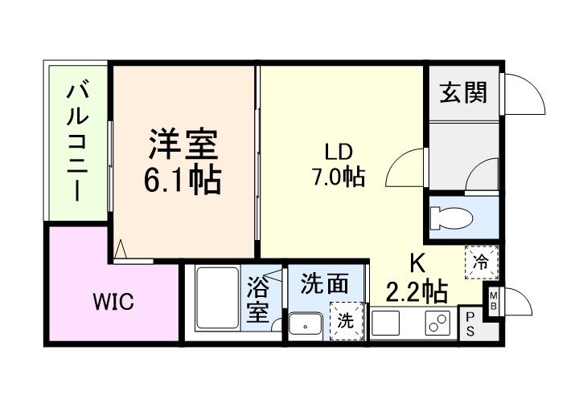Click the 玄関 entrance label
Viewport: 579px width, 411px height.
pos(462,93)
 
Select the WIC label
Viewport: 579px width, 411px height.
pos(113,303)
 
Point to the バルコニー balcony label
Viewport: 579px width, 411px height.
pos(77,141)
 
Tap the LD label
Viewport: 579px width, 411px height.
pos(338,152)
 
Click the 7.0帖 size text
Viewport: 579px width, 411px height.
pos(338,177)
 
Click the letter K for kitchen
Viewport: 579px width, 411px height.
pos(417,264)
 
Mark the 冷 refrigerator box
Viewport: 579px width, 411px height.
pos(480,260)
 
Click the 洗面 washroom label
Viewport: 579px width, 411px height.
pos(325,283)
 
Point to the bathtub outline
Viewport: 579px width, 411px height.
pos(217,300)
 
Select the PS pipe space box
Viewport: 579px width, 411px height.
pos(469,324)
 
